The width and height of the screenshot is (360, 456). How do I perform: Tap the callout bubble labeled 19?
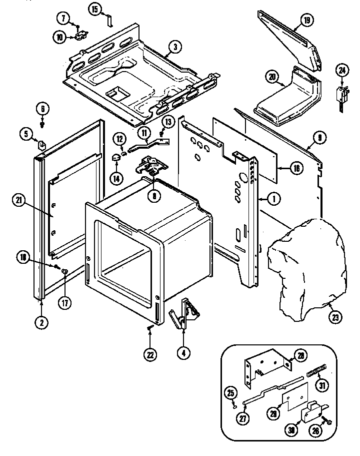tap(306, 21)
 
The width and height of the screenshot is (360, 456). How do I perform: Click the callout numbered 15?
tap(94, 9)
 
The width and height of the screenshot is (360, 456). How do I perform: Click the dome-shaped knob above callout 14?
tap(116, 159)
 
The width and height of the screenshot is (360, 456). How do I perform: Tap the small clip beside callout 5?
tap(42, 145)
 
